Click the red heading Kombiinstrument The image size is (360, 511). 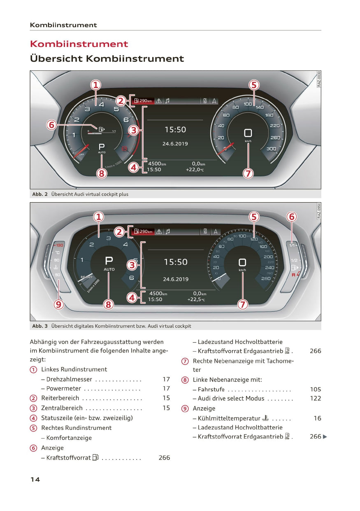79,44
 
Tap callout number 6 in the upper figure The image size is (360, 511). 51,125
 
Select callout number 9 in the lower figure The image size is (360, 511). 59,304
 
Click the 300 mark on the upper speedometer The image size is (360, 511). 271,149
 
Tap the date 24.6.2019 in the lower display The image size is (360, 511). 176,279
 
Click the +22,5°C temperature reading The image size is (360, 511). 195,299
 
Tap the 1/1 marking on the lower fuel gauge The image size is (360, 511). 293,245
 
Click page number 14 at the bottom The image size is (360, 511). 35,479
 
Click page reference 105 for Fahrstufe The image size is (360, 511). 315,389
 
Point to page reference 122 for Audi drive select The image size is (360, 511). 315,399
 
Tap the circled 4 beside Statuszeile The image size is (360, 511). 33,418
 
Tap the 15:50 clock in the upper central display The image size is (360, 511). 175,130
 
